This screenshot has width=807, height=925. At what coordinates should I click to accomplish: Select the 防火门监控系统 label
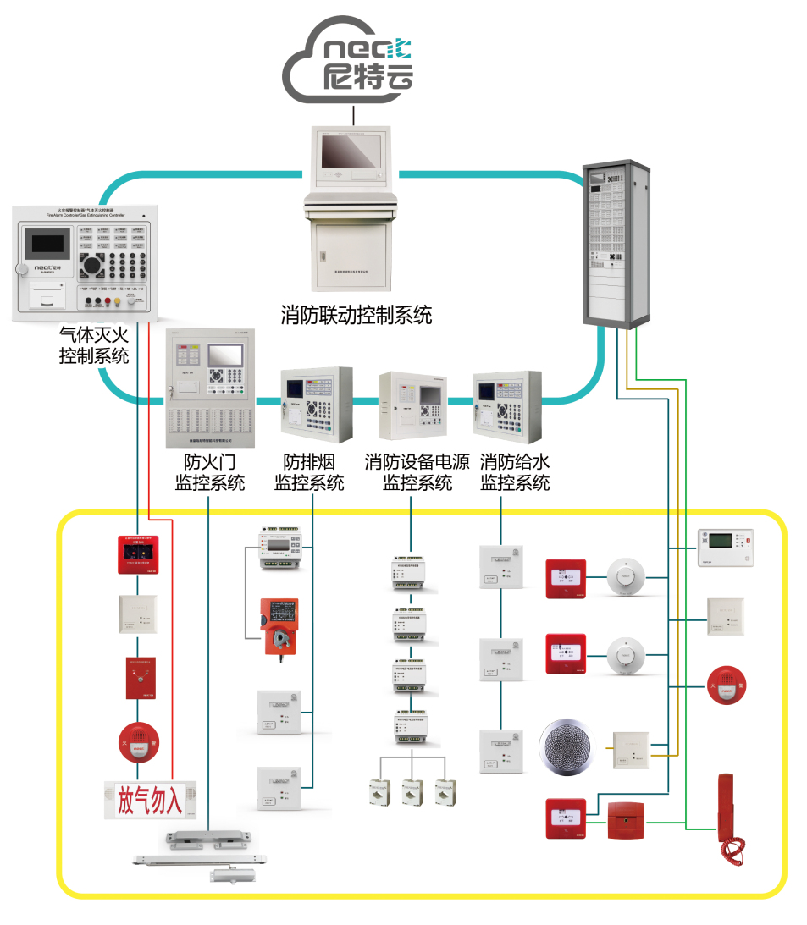[x=210, y=473]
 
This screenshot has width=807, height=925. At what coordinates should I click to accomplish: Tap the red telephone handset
[x=729, y=818]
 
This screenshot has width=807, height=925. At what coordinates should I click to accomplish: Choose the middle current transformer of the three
[x=412, y=791]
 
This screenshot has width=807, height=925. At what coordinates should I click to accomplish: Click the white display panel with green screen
[x=725, y=547]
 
